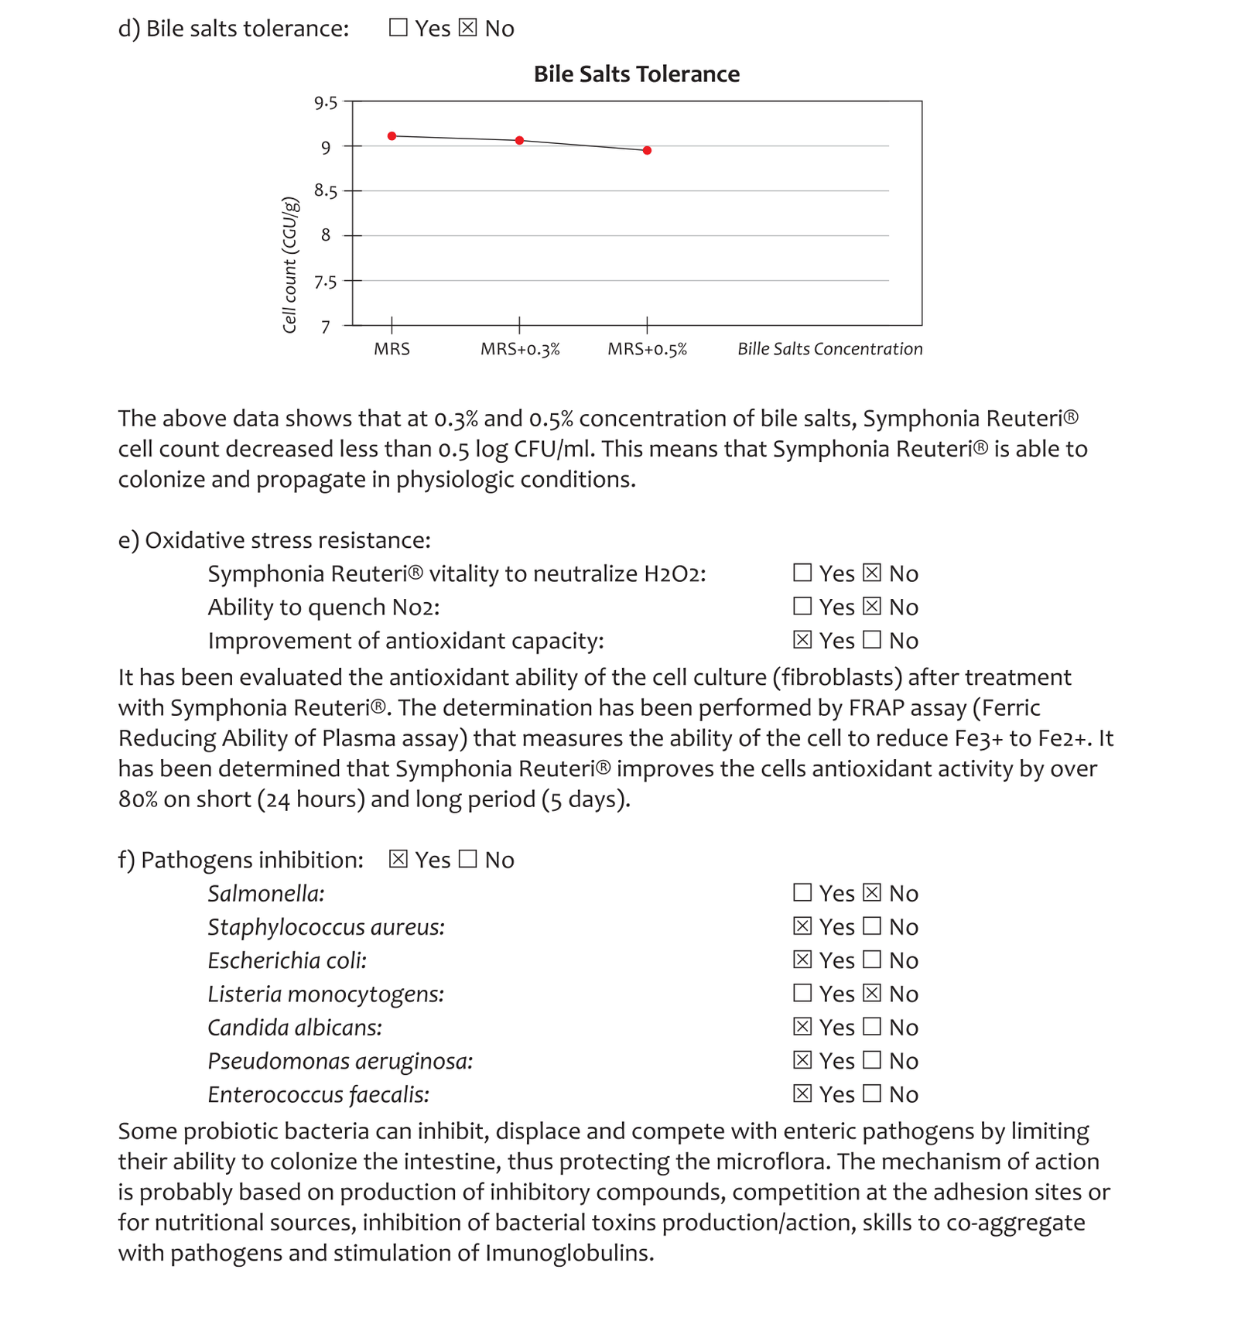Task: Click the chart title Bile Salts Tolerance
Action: [x=636, y=74]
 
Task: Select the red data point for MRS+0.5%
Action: [x=647, y=150]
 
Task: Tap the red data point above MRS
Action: [x=392, y=136]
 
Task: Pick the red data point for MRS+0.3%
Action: [x=520, y=141]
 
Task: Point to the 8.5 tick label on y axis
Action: [x=326, y=191]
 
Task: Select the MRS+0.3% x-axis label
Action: [x=520, y=350]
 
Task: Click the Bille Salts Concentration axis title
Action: [x=829, y=350]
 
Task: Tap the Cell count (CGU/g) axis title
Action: [x=289, y=265]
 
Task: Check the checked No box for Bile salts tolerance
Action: [x=467, y=28]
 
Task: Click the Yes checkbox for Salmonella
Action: [x=802, y=893]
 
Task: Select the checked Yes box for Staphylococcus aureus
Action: [x=802, y=926]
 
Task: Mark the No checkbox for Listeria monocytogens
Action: [x=872, y=993]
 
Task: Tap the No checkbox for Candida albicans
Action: [x=872, y=1027]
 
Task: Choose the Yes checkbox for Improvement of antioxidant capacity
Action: [x=802, y=640]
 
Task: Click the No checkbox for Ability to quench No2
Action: [x=872, y=607]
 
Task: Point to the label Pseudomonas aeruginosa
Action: [x=340, y=1061]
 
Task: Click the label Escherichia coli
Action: [x=287, y=960]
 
